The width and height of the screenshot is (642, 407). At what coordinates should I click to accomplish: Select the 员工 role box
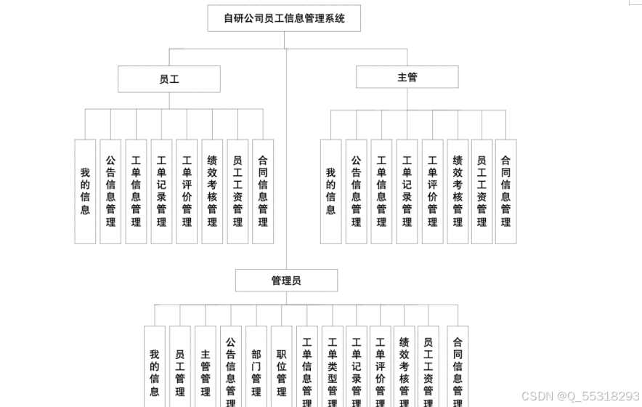pos(169,79)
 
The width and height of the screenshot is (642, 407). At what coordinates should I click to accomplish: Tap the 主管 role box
pos(407,77)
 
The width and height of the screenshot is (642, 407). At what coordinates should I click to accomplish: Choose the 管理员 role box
pos(286,281)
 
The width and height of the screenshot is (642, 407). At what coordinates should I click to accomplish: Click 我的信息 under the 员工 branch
pos(85,191)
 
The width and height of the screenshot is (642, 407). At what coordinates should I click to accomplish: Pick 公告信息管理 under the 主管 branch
pos(356,191)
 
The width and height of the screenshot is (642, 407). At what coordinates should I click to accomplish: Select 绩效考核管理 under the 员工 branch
pos(212,191)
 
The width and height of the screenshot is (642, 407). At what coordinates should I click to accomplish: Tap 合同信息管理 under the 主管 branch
pos(505,191)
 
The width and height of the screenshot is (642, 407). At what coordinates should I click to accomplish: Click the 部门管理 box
pos(256,367)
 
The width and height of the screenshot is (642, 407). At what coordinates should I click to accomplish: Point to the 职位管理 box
pos(282,367)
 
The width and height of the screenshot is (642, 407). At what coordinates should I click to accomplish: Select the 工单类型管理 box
pos(332,367)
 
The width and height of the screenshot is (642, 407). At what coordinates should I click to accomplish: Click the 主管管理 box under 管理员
pos(206,367)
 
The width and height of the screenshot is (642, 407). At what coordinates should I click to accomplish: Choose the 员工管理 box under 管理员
pos(179,367)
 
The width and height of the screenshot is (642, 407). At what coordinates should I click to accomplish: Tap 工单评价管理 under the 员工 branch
pos(187,191)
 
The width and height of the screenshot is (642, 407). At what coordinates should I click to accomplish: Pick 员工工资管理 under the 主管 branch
pos(481,191)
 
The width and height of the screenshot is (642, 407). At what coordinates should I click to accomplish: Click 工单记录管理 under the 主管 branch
pos(407,191)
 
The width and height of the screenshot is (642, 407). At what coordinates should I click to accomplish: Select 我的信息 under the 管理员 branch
pos(154,367)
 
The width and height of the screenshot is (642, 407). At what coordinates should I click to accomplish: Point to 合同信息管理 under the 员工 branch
pos(263,191)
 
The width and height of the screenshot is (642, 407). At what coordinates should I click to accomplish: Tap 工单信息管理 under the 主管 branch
pos(381,191)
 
